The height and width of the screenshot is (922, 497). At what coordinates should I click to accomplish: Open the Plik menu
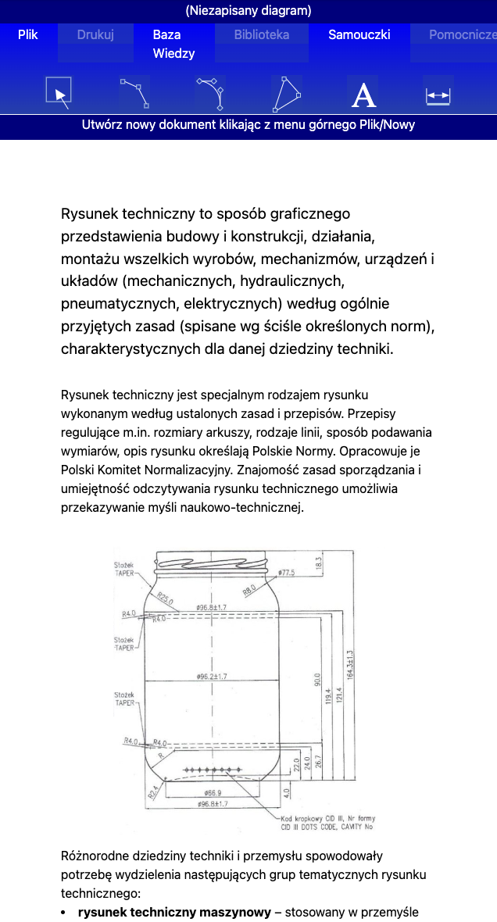click(27, 34)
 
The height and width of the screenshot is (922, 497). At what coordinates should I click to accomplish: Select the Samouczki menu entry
click(359, 34)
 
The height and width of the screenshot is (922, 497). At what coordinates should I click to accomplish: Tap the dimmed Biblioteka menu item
click(262, 34)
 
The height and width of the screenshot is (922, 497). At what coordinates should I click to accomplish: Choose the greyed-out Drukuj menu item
click(95, 34)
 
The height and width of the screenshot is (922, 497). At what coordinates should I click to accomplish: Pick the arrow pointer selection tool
click(59, 93)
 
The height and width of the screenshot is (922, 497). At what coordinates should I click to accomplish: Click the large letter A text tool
click(363, 95)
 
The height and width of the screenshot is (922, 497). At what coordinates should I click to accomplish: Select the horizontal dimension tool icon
click(438, 95)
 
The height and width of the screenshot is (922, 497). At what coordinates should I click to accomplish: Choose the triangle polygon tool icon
click(288, 94)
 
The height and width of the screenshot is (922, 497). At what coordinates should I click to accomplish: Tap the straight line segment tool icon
click(134, 93)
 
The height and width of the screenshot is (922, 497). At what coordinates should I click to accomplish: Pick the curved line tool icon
click(211, 94)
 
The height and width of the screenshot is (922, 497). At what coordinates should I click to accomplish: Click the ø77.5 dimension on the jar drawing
click(286, 574)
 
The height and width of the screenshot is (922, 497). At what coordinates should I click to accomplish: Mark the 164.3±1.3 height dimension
click(350, 664)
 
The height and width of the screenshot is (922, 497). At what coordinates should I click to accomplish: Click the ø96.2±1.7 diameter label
click(211, 676)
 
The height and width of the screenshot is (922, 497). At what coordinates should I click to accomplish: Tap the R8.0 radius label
click(249, 591)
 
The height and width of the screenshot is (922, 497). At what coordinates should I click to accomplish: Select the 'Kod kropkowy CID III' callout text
click(328, 819)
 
